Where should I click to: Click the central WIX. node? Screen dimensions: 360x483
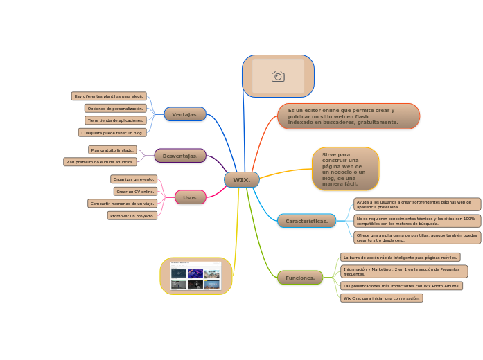[241, 180]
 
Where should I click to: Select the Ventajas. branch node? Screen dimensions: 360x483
[185, 114]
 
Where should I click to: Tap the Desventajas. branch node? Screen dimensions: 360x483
[180, 156]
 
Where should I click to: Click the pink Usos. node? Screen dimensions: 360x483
[190, 197]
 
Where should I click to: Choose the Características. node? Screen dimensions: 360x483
[306, 221]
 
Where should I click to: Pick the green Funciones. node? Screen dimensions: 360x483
[300, 278]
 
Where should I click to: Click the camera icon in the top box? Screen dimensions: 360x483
[278, 76]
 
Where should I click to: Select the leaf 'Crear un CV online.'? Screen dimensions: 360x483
[135, 191]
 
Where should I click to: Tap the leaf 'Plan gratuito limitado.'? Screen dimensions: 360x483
[112, 150]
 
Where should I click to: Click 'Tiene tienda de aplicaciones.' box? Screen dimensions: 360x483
[115, 120]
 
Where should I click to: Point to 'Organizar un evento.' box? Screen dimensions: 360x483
[134, 179]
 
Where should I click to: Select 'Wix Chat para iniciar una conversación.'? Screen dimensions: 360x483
[381, 298]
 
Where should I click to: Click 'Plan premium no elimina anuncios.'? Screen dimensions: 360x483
[100, 162]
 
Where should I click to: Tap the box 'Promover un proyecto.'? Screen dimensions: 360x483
[132, 215]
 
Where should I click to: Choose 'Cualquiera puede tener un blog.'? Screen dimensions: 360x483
[112, 132]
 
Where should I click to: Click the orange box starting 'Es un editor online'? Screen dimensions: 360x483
[349, 116]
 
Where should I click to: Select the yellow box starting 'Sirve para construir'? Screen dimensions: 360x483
[345, 169]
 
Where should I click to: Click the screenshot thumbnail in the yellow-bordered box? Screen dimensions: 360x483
[195, 276]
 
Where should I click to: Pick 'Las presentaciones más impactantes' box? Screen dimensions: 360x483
[401, 285]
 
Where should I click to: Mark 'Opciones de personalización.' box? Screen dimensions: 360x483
[115, 109]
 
